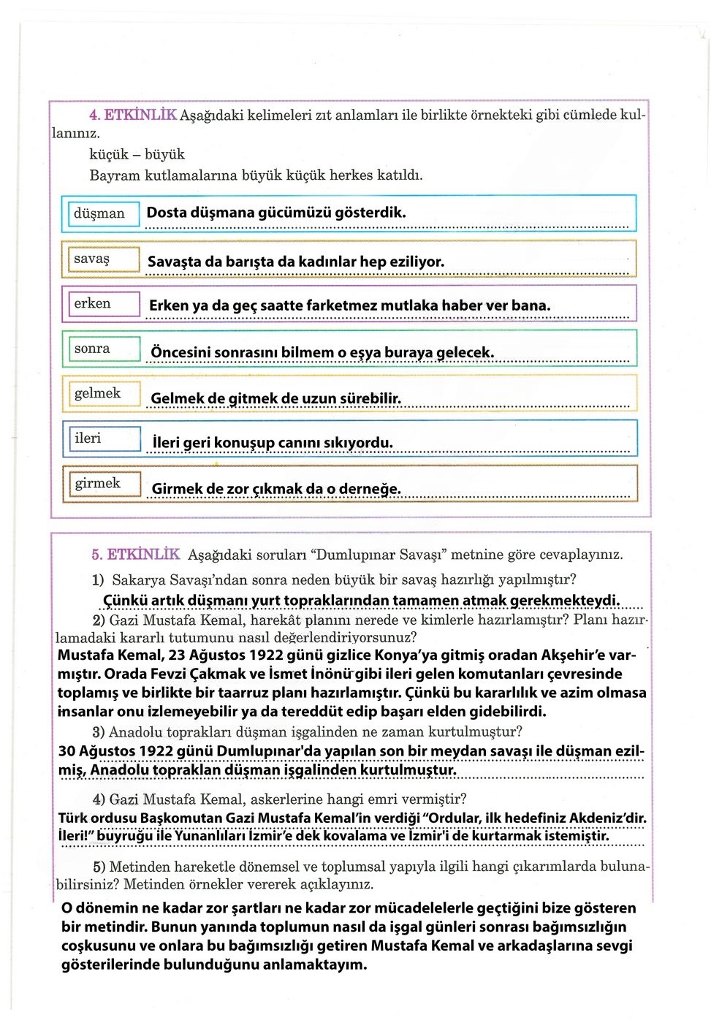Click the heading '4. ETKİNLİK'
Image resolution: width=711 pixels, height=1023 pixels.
[x=132, y=115]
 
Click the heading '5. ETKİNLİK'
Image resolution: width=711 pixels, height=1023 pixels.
[x=136, y=555]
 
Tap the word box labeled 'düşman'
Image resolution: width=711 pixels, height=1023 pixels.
[x=100, y=213]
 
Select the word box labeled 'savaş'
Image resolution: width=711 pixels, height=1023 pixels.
[x=100, y=259]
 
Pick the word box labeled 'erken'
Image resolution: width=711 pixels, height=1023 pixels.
[x=100, y=304]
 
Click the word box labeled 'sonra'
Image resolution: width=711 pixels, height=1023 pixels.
[x=100, y=349]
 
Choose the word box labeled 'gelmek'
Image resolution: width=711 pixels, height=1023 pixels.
[x=100, y=394]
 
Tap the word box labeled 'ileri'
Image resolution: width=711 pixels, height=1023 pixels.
[x=100, y=438]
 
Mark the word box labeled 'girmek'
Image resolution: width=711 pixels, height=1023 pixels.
[x=100, y=484]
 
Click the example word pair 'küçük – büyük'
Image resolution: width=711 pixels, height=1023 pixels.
[x=137, y=154]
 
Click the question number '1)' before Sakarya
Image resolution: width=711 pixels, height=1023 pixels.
[x=98, y=580]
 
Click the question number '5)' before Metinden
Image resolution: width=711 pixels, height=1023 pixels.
[x=99, y=867]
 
